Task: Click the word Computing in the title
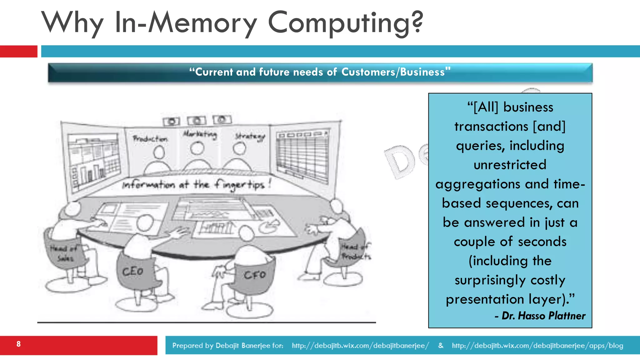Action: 345,22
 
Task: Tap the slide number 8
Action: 19,344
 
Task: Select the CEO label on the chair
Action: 132,272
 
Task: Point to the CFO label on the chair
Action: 255,275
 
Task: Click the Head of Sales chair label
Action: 64,253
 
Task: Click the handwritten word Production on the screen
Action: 150,138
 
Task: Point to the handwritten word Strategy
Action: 250,137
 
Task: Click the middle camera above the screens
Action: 197,121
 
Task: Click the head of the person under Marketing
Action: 197,148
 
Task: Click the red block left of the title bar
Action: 18,51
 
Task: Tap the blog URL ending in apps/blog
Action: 537,346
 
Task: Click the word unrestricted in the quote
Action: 510,165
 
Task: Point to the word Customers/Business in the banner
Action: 393,72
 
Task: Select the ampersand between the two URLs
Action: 441,345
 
